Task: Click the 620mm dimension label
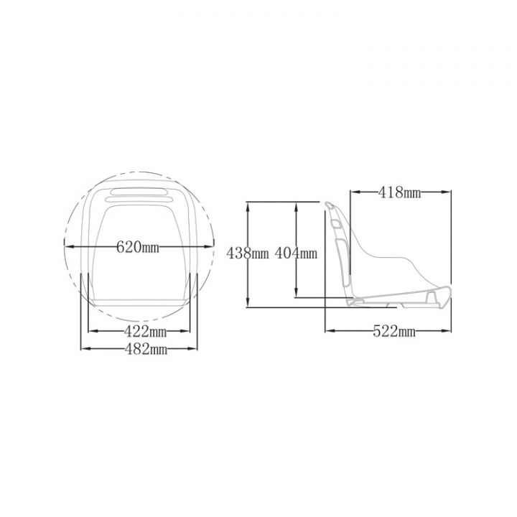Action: pos(138,246)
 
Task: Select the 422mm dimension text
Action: pos(145,331)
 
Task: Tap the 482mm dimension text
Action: pos(146,348)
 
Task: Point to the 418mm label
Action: pos(400,192)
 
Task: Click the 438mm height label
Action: pos(248,253)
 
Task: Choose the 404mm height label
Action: pos(296,253)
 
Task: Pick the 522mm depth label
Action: pos(394,331)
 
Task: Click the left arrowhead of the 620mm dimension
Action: pos(69,246)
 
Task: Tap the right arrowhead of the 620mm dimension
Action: pos(209,246)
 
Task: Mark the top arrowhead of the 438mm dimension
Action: pos(248,206)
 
